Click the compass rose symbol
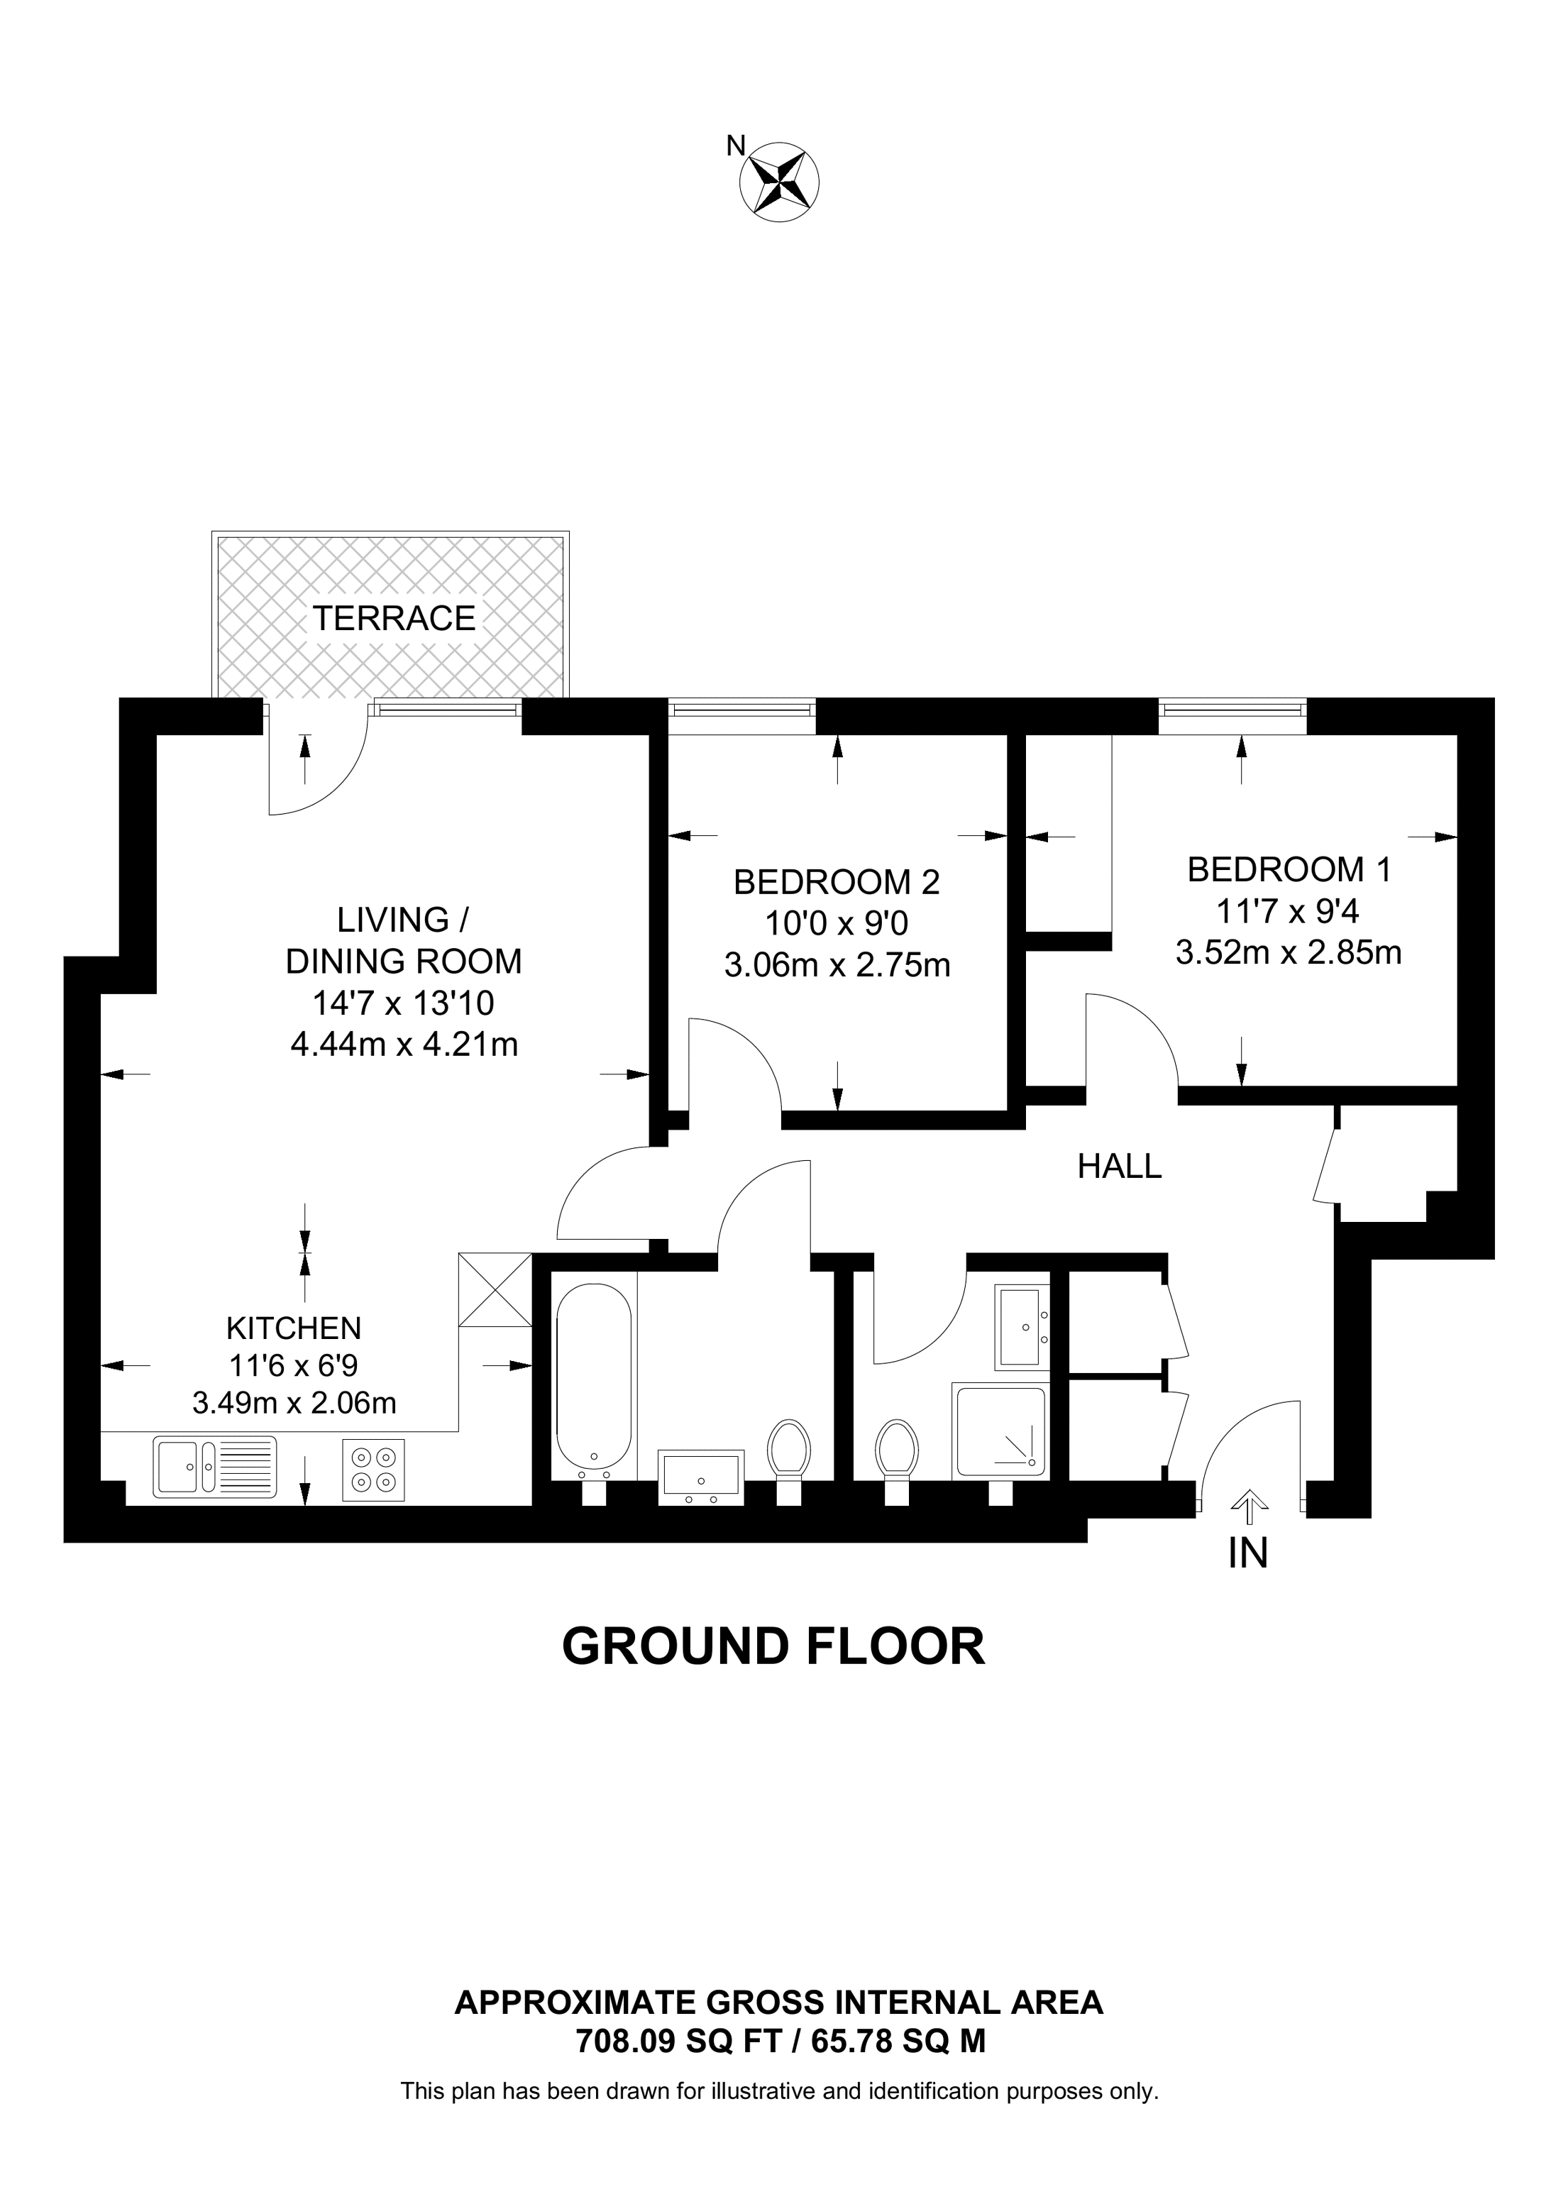click(779, 181)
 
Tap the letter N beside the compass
click(736, 146)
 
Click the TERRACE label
click(393, 617)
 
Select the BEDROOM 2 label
click(836, 881)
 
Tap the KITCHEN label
click(293, 1328)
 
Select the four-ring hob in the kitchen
click(374, 1469)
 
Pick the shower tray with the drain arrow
click(998, 1431)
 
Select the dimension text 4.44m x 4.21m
click(404, 1044)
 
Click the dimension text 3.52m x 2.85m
click(1288, 952)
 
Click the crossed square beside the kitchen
click(495, 1289)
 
